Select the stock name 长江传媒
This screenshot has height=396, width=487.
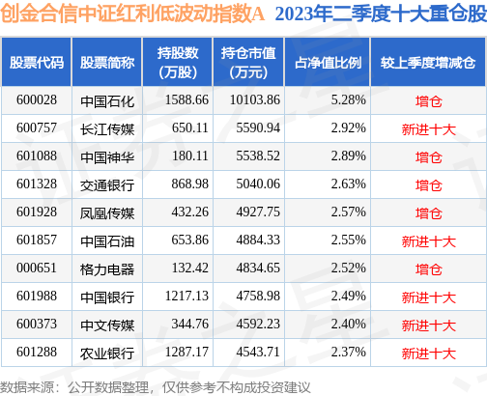pos(108,127)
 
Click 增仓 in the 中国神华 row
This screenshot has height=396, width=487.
pos(427,155)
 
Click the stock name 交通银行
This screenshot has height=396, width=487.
pos(108,182)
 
